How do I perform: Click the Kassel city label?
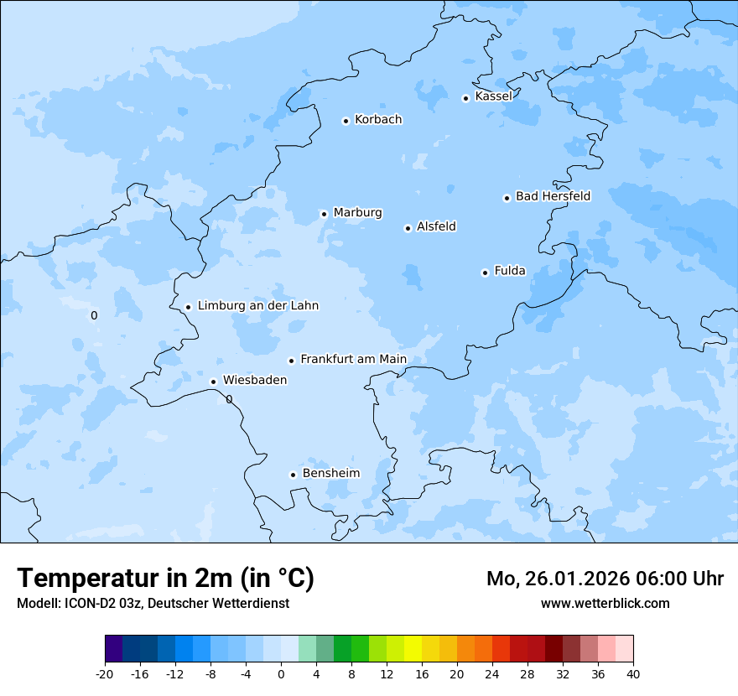(x=493, y=96)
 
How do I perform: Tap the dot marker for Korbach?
(x=346, y=121)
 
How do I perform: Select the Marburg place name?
(x=357, y=213)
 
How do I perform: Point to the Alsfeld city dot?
(x=408, y=228)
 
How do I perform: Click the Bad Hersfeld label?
(x=553, y=196)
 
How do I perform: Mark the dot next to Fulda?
(x=485, y=273)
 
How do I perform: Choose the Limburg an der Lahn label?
(x=257, y=306)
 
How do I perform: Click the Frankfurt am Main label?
(x=353, y=359)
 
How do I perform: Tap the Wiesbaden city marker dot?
(x=213, y=382)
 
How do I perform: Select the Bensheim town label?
(x=330, y=474)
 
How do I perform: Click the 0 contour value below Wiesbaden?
(x=229, y=400)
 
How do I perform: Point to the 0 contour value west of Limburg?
(x=94, y=316)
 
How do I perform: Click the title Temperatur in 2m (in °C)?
(x=165, y=579)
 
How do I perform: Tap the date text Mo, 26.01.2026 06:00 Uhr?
(x=605, y=579)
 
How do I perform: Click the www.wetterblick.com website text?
(x=605, y=604)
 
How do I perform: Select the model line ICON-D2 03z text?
(x=153, y=604)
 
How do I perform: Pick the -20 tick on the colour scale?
(x=105, y=673)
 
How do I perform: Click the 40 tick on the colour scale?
(x=633, y=673)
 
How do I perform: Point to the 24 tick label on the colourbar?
(x=492, y=673)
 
